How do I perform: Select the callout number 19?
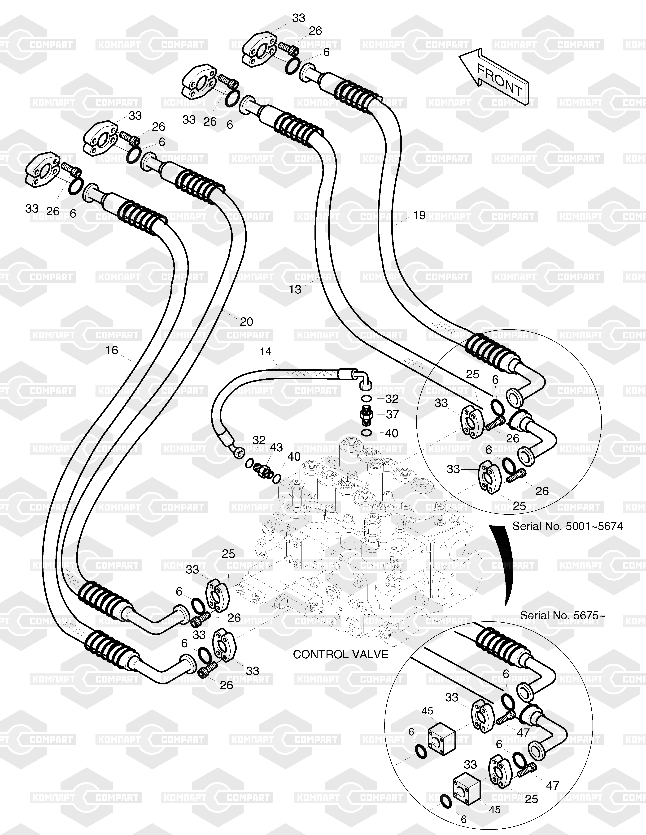[x=419, y=215]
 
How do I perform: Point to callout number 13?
[x=295, y=289]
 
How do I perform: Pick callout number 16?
[x=112, y=350]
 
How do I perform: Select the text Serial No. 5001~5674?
[x=567, y=527]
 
